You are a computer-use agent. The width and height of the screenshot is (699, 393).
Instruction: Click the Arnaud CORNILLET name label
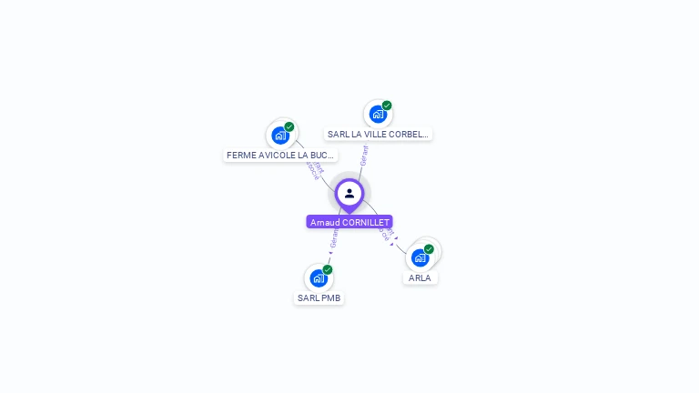point(349,222)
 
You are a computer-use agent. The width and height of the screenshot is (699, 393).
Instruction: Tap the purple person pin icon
point(349,194)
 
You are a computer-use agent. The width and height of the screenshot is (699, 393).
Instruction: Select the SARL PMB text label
point(319,297)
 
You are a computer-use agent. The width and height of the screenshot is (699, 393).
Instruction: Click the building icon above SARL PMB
point(318,277)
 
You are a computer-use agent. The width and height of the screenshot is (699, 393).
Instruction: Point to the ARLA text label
point(420,277)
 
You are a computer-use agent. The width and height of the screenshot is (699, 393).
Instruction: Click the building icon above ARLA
point(420,257)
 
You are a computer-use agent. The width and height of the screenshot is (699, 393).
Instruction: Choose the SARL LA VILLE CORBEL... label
point(378,134)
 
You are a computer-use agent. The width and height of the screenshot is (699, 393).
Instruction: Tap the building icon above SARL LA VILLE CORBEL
point(377,114)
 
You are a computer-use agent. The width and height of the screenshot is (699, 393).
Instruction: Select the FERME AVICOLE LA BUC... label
point(280,155)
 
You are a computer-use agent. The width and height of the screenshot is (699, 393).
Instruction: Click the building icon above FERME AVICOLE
point(280,136)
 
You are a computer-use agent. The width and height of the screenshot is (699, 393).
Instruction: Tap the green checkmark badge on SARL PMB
point(328,269)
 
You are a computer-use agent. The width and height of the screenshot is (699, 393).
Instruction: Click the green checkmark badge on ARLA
point(429,249)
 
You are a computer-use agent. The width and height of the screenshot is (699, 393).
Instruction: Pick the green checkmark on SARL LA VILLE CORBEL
point(387,106)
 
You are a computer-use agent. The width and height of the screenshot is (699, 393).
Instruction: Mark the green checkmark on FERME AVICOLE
point(289,126)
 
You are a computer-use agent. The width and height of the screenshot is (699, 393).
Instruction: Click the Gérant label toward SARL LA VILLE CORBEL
point(364,155)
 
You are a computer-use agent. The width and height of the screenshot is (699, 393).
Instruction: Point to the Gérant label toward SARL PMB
point(334,239)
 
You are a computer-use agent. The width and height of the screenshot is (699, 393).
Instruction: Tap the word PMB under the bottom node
point(331,297)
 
